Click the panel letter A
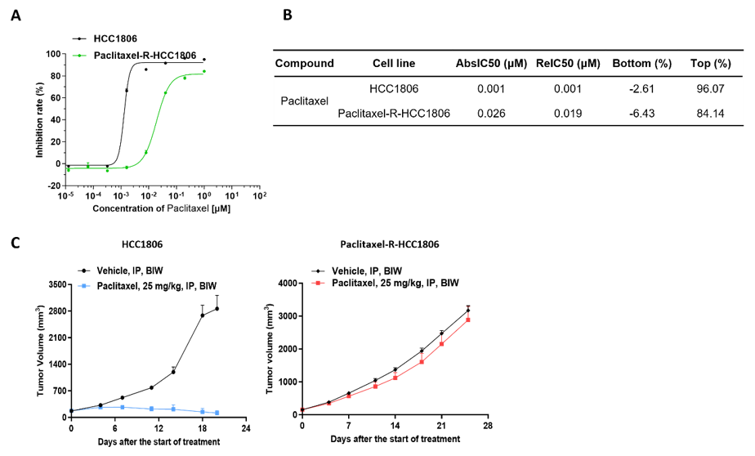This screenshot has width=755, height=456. pos(16,16)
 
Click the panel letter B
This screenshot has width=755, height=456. pos(287,16)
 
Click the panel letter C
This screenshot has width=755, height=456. pos(16,243)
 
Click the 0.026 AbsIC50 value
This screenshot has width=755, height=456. pos(490,114)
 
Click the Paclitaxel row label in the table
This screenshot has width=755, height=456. pos(304,101)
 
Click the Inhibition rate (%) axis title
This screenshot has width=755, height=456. pos(38,118)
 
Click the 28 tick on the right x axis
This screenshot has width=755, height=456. pos(487,427)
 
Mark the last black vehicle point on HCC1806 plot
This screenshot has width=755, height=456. pos(217,308)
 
